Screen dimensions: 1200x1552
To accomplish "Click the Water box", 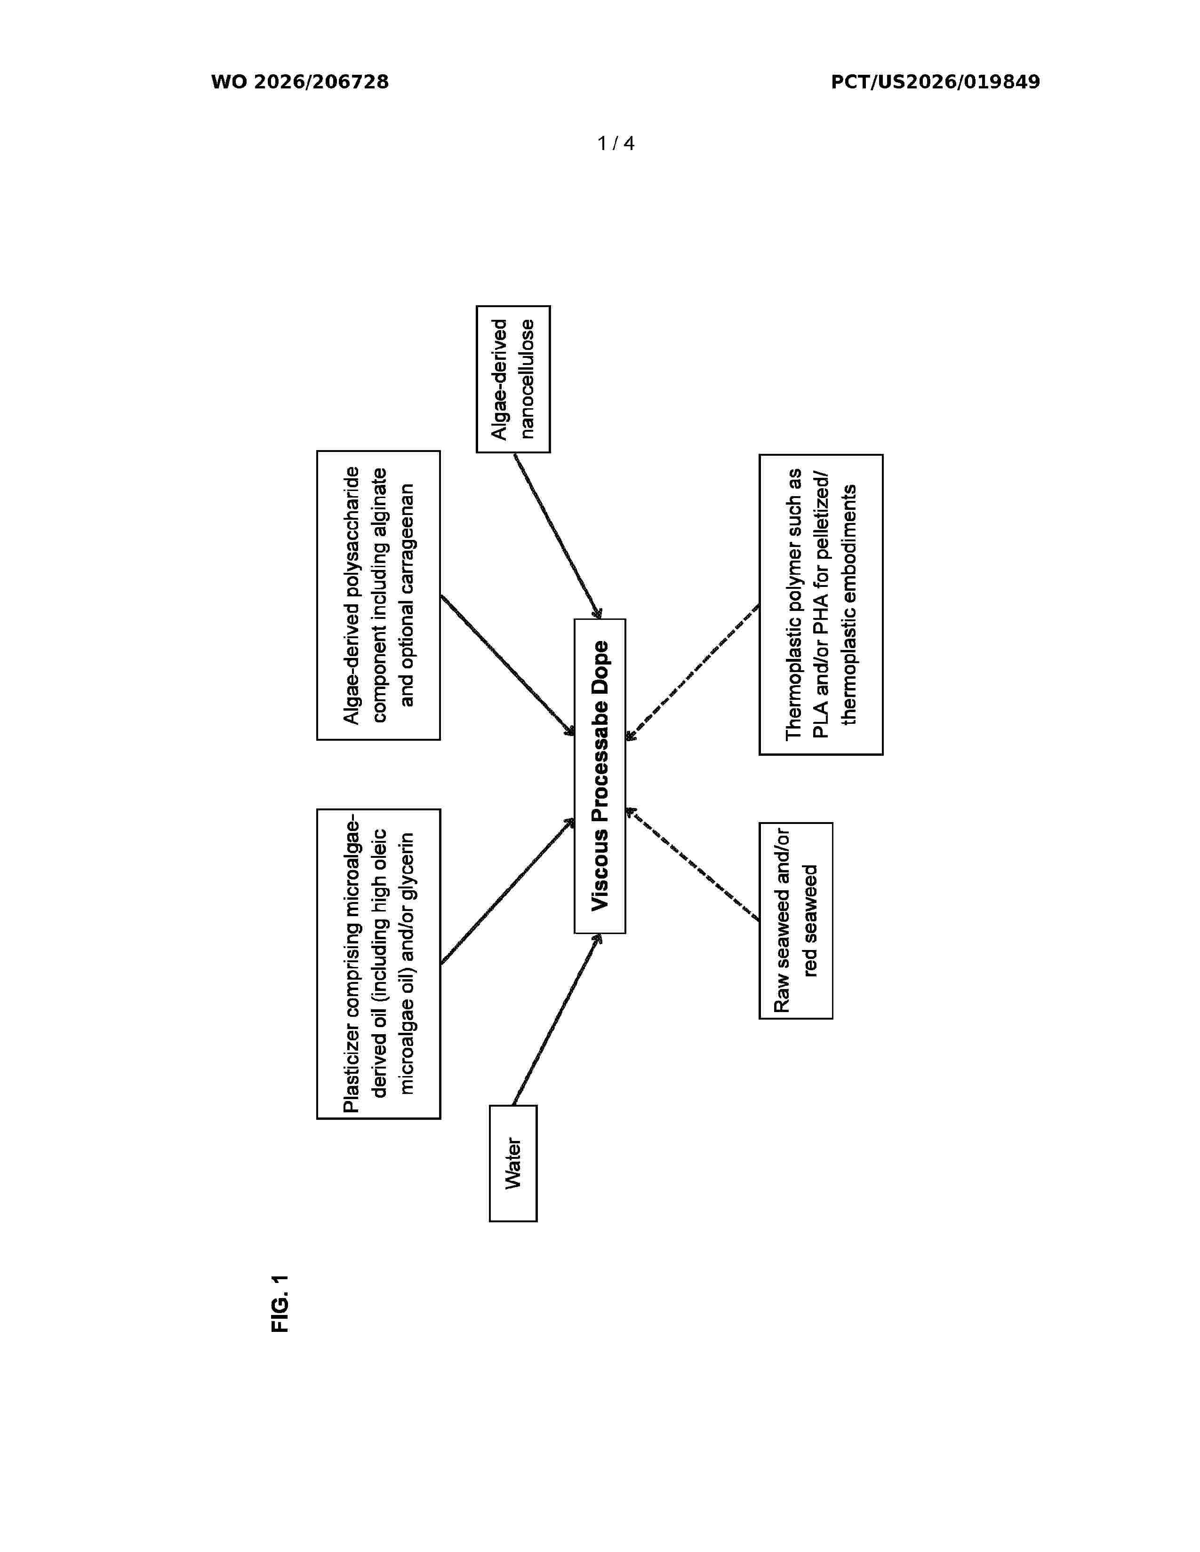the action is pyautogui.click(x=512, y=1163).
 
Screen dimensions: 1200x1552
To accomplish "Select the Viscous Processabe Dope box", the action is pyautogui.click(x=599, y=775).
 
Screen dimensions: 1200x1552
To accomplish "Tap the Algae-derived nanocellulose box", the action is pyautogui.click(x=512, y=379).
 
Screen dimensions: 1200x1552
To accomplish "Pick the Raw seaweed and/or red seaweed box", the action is pyautogui.click(x=795, y=920).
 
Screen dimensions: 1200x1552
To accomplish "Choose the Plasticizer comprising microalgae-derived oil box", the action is pyautogui.click(x=378, y=964).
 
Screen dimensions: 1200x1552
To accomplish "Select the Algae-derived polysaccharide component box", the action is pyautogui.click(x=378, y=595).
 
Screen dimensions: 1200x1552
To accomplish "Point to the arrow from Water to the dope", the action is pyautogui.click(x=557, y=1019).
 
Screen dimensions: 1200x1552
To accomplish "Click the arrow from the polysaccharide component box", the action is pyautogui.click(x=508, y=665).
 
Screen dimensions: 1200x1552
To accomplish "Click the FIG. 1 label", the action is pyautogui.click(x=281, y=1303).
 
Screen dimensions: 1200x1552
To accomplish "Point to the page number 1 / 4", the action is pyautogui.click(x=616, y=143).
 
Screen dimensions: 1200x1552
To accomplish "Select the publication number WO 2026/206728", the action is pyautogui.click(x=300, y=82).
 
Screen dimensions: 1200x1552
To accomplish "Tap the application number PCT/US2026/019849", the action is pyautogui.click(x=936, y=82).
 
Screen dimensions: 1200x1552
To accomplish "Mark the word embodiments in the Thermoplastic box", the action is pyautogui.click(x=849, y=534).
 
